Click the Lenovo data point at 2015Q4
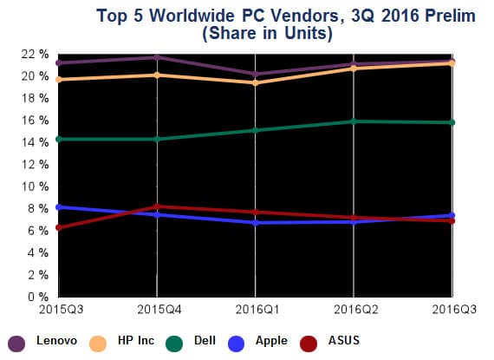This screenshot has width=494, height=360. tap(156, 57)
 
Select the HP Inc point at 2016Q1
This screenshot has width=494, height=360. tap(255, 82)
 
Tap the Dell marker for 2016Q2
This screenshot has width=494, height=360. tap(354, 121)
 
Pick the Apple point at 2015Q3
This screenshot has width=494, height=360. tap(57, 207)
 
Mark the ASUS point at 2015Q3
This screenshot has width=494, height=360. tap(57, 227)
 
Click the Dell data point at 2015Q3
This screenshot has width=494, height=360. tap(57, 139)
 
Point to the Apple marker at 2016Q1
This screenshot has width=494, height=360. tap(255, 223)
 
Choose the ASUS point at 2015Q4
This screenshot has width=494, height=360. tap(156, 206)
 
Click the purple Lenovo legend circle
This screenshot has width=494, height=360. tap(16, 342)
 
